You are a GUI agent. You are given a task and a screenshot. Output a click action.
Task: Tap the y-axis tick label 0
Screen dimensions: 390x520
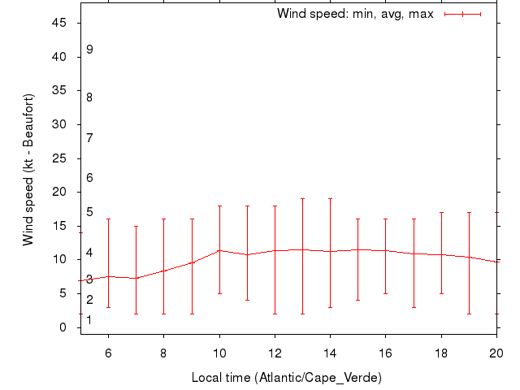pyautogui.click(x=63, y=327)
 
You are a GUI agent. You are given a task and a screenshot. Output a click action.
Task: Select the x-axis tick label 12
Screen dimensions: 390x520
pyautogui.click(x=275, y=353)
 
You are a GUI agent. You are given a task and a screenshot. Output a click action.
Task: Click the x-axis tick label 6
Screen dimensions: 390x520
pyautogui.click(x=108, y=353)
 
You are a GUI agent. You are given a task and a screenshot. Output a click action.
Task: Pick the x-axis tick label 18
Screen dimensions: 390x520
pyautogui.click(x=441, y=353)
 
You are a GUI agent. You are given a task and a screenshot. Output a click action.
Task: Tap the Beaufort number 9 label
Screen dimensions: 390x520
pyautogui.click(x=89, y=50)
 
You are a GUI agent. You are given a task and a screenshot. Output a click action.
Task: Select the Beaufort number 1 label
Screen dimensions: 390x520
pyautogui.click(x=89, y=320)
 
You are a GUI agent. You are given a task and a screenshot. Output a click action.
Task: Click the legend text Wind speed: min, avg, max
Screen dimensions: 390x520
pyautogui.click(x=355, y=14)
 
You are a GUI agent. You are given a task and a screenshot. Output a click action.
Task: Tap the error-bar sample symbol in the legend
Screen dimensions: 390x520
pyautogui.click(x=463, y=14)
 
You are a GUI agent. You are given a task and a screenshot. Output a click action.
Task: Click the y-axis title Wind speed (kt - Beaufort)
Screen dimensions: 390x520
pyautogui.click(x=28, y=169)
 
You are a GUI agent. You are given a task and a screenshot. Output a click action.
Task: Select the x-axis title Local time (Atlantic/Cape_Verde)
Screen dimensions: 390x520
pyautogui.click(x=286, y=378)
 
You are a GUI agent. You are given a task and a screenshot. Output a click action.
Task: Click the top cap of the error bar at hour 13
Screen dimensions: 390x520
pyautogui.click(x=302, y=198)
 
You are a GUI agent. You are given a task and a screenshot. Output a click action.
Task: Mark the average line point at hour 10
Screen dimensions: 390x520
pyautogui.click(x=219, y=250)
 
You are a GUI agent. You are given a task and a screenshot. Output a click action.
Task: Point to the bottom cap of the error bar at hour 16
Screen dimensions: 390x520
pyautogui.click(x=386, y=293)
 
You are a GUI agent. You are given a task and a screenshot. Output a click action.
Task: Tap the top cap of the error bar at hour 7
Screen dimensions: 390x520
pyautogui.click(x=136, y=226)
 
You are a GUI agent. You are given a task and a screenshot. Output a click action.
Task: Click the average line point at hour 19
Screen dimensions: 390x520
pyautogui.click(x=469, y=257)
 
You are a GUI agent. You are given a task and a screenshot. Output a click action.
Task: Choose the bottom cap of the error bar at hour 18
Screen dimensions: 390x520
pyautogui.click(x=441, y=293)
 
